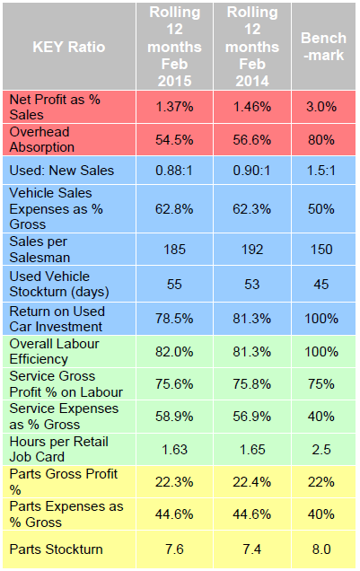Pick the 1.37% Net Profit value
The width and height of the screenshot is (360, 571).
(x=176, y=106)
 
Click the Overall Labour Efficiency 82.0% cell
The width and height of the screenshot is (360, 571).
(x=176, y=351)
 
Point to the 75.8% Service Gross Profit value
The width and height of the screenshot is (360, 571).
(x=253, y=383)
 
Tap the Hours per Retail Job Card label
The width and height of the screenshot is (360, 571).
(x=54, y=448)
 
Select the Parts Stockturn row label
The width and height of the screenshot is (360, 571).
(x=54, y=549)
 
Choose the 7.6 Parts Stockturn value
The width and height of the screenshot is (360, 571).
(x=176, y=549)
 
